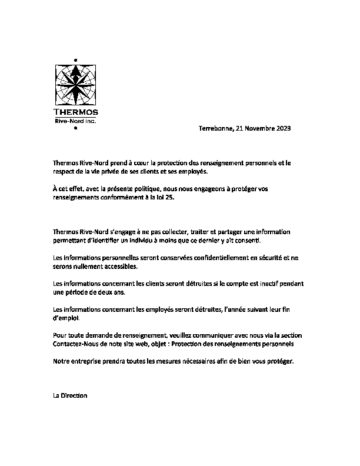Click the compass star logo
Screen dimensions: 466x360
tap(76, 84)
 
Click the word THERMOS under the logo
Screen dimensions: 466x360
tap(76, 112)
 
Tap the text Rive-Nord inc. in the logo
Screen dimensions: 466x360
tap(75, 121)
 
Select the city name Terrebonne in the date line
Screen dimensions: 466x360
tap(216, 128)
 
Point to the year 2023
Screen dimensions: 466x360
tap(283, 128)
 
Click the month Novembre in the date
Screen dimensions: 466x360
tap(259, 128)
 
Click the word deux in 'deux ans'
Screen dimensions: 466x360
tap(107, 292)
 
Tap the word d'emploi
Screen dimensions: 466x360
tap(65, 318)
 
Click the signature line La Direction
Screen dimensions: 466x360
tap(70, 396)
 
